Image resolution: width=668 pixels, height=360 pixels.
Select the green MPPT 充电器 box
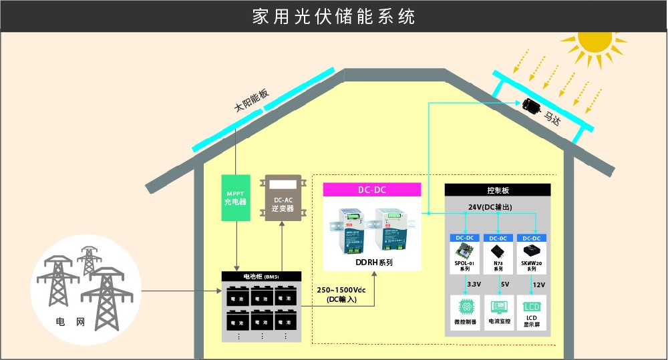(x=236, y=199)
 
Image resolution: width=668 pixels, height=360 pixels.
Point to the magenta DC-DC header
(x=371, y=190)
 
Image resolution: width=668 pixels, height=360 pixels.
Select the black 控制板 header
(x=498, y=190)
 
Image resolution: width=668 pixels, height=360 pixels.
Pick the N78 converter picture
(x=498, y=252)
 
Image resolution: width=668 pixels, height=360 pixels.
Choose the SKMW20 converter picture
(x=532, y=252)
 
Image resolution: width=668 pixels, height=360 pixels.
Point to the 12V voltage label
(x=539, y=285)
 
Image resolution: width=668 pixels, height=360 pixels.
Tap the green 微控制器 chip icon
(x=465, y=307)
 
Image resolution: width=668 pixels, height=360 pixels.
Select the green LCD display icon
(x=532, y=307)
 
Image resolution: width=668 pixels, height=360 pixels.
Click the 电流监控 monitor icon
(x=498, y=307)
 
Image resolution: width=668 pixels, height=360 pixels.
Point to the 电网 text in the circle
(x=70, y=323)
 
